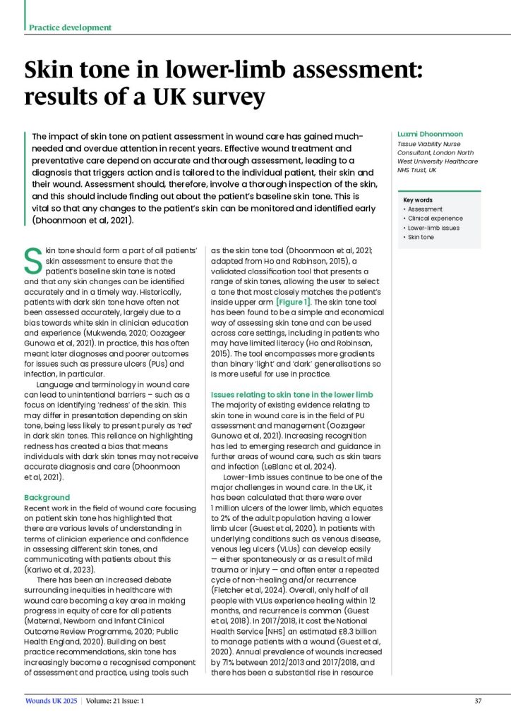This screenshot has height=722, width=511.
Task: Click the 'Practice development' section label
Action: [70, 27]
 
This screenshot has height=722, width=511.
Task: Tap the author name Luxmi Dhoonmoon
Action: [424, 133]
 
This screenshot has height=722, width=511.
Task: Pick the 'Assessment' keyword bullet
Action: [425, 209]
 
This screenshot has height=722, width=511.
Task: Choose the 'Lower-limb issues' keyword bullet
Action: [433, 228]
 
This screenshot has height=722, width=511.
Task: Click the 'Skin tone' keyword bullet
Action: [421, 237]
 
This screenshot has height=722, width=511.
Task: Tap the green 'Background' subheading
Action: [47, 497]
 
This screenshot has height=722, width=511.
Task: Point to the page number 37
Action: [478, 700]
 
